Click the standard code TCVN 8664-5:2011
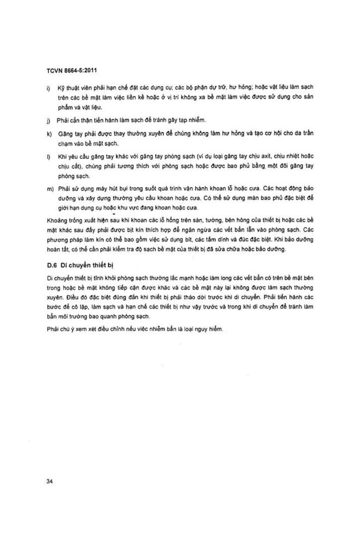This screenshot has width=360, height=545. click(72, 70)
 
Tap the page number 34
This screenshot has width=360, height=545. click(50, 481)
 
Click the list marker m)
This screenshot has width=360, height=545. click(50, 189)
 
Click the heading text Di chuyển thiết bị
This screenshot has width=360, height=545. click(87, 265)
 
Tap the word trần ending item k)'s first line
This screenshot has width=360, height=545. click(308, 133)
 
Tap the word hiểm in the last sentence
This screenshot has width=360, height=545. click(216, 329)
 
